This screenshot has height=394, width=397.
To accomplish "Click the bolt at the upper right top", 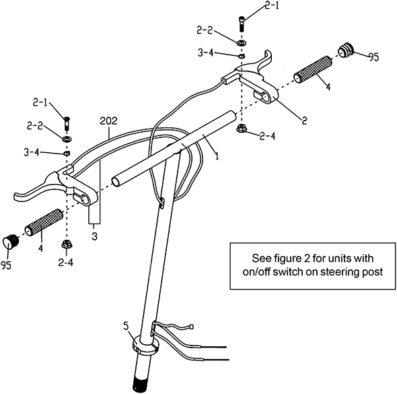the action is (242, 24).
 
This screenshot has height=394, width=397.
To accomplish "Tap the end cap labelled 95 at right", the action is (345, 51).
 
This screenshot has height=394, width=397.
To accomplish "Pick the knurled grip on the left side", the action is (44, 222).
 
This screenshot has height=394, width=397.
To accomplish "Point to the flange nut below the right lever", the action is (242, 127).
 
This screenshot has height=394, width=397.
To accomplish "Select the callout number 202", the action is (108, 121).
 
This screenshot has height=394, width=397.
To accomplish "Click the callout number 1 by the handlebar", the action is (217, 156).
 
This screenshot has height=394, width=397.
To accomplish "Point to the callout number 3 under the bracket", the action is (94, 236).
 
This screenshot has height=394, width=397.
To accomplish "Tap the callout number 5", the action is (126, 326).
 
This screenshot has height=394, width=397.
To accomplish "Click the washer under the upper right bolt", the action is (242, 42).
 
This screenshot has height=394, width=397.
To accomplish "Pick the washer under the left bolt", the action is (67, 139).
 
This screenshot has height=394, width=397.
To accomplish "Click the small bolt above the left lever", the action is (67, 123).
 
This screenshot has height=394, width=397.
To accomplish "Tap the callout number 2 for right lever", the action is (305, 120).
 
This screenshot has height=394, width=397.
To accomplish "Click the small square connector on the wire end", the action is (192, 327).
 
